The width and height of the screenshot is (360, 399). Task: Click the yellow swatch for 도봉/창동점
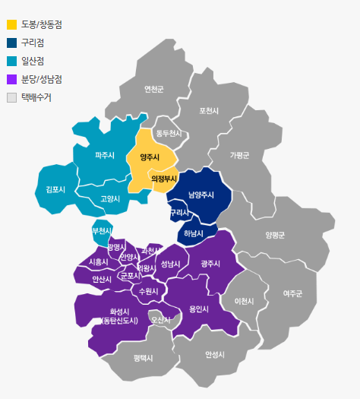[11, 24]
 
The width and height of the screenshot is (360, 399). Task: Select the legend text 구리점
[32, 43]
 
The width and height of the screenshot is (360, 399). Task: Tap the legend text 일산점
[32, 61]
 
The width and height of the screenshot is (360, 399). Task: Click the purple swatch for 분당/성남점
[11, 79]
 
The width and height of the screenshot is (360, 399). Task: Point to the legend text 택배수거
[36, 97]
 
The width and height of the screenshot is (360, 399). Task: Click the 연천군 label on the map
[154, 89]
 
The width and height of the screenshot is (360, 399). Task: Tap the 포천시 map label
[209, 111]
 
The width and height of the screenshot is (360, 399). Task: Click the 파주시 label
[105, 156]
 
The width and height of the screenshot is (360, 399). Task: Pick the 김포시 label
[55, 189]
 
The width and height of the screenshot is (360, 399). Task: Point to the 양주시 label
[150, 158]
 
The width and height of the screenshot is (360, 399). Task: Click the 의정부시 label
[164, 179]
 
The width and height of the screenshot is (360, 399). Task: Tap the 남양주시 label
[201, 195]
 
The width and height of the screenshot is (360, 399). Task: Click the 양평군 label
[275, 236]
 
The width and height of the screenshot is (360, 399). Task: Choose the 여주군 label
[292, 293]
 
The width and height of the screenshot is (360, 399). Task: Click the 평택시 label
[143, 357]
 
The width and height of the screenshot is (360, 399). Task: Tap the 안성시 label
[215, 354]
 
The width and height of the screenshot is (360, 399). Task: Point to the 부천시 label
[102, 230]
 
